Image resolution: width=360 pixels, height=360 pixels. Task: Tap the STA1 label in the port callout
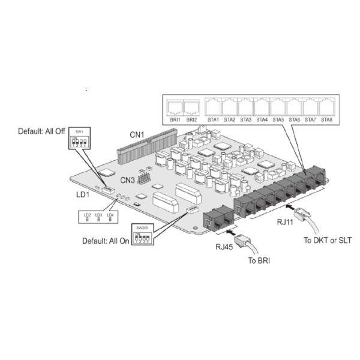tap(213, 120)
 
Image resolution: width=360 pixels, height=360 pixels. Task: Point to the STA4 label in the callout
tap(262, 120)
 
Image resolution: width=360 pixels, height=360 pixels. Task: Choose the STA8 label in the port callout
tap(326, 120)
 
